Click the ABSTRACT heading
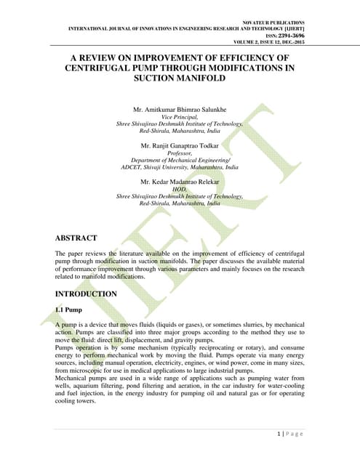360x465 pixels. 80,237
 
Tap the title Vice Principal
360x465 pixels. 180,117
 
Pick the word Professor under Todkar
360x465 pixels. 180,153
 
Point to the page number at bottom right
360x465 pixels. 290,434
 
